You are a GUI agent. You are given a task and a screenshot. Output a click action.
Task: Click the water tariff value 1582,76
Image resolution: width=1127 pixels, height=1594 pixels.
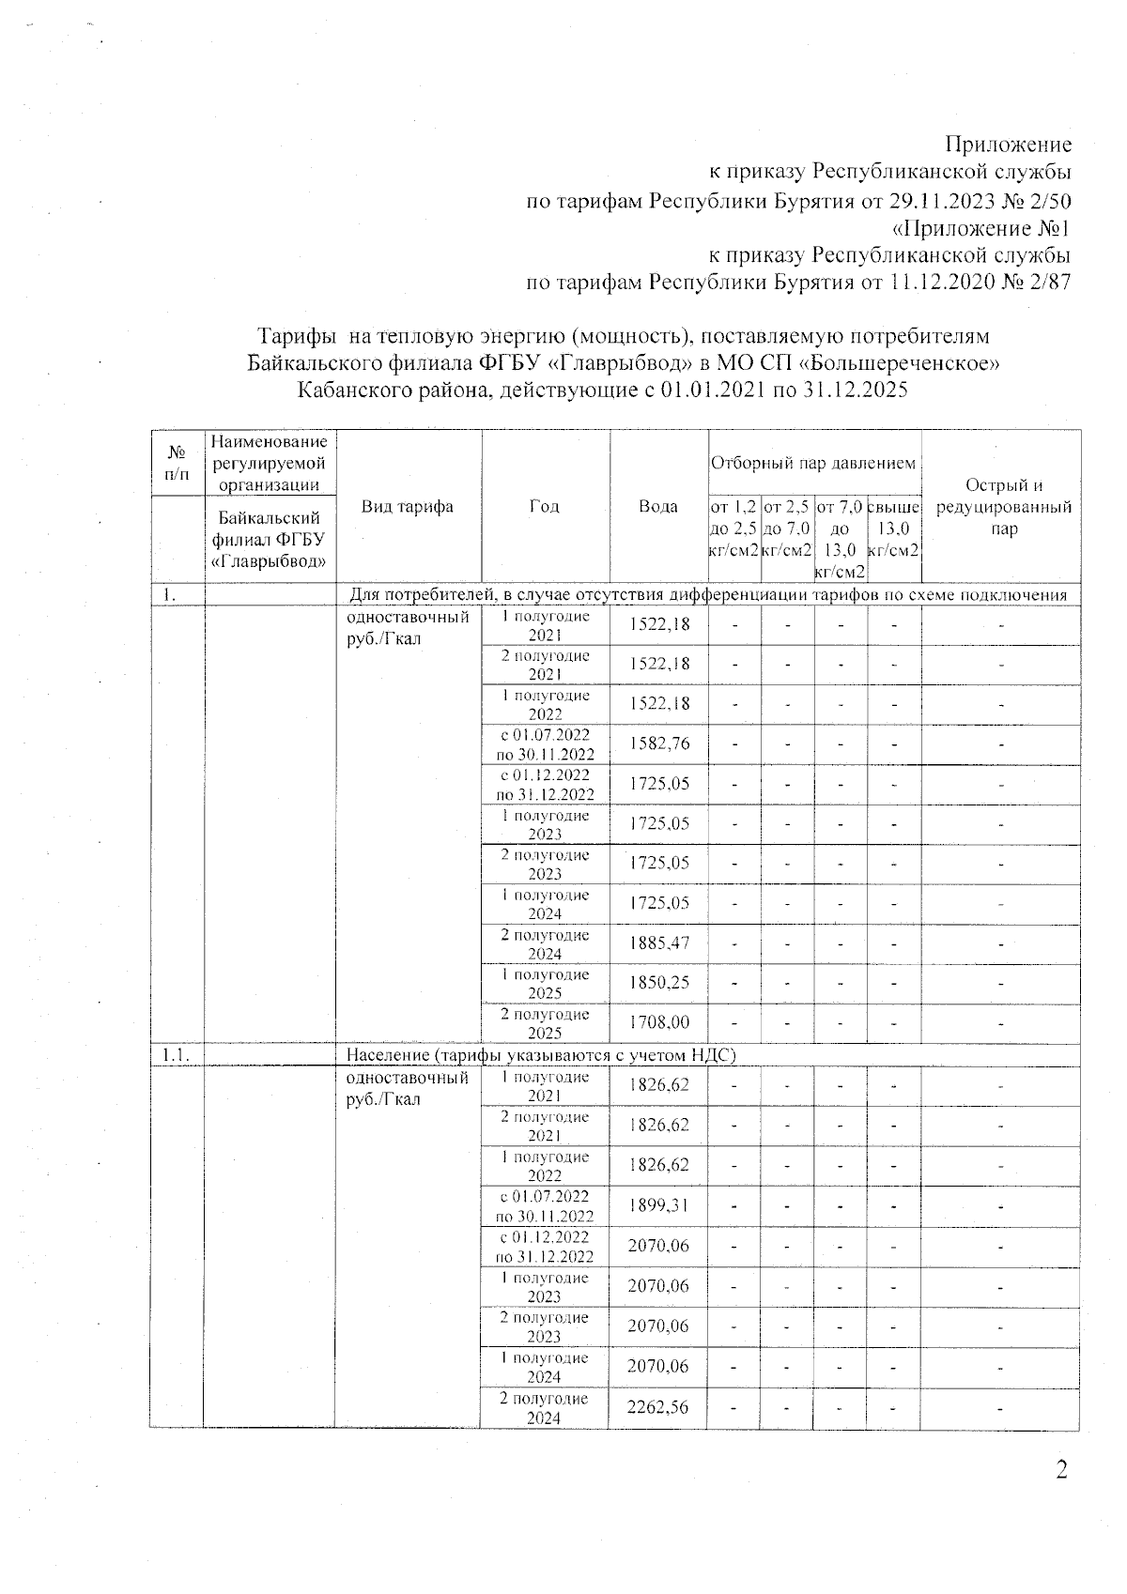659,743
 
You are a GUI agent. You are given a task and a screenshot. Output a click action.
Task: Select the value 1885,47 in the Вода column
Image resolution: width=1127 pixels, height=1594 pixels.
659,943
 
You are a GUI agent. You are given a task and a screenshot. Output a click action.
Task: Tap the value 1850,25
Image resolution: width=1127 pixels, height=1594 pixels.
659,983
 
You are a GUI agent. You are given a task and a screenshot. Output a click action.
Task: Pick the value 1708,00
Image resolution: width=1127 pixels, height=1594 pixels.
659,1022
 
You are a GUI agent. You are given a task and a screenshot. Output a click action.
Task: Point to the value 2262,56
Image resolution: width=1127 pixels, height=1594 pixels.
658,1406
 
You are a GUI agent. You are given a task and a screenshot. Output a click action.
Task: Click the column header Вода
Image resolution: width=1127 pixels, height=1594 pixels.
658,507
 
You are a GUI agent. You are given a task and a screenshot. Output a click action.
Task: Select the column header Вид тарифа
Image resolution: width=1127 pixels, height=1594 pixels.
408,507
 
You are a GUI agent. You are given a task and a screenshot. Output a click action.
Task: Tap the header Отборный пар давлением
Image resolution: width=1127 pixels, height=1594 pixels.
813,463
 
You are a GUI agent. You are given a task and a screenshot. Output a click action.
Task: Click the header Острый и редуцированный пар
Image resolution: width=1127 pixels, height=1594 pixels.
1003,507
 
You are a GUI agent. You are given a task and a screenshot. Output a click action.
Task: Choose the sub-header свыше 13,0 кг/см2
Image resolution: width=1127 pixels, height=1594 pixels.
893,529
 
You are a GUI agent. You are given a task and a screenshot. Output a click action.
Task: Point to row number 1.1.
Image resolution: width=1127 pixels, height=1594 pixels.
176,1055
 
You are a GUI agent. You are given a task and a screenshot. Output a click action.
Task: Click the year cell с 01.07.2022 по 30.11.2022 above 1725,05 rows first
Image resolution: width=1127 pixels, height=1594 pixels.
545,743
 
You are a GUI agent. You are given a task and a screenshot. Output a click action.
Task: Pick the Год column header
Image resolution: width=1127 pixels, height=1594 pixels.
545,507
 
